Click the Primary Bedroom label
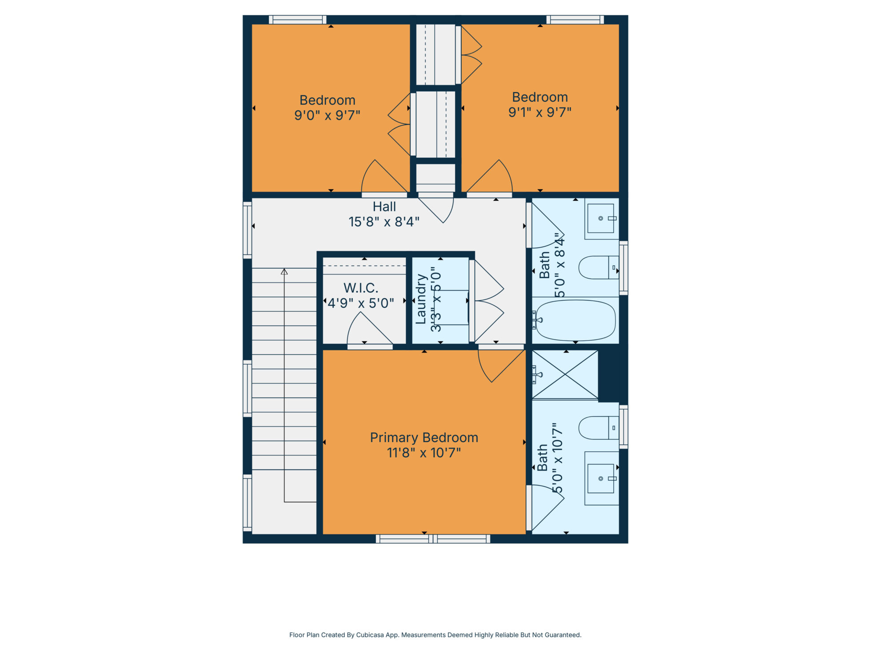coord(424,438)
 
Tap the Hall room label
coord(384,207)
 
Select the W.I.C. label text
coord(361,288)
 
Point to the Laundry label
coord(420,299)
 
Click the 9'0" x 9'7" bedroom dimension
coord(327,115)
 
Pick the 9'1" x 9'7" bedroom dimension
coord(540,112)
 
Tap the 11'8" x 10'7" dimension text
coord(424,453)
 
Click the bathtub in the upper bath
coord(575,320)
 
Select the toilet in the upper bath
coord(599,267)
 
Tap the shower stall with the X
coord(565,374)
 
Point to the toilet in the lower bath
coord(599,428)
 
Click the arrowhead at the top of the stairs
coord(284,271)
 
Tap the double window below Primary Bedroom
coord(433,539)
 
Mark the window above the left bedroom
coord(298,20)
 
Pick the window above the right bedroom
coord(575,20)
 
